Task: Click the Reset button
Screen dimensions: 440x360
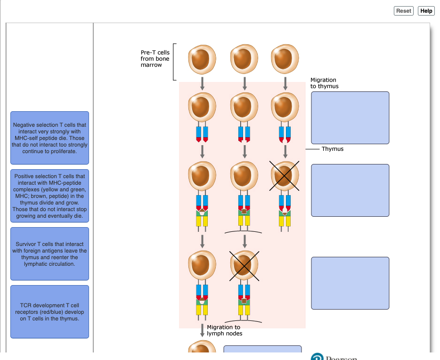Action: [404, 11]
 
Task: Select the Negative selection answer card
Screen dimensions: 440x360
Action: [49, 138]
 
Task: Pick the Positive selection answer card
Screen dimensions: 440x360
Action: [49, 196]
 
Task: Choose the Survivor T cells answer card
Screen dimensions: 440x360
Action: [49, 254]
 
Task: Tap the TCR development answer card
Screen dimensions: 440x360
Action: [49, 312]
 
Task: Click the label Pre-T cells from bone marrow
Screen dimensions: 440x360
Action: [155, 58]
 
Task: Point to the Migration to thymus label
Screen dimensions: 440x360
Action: [325, 83]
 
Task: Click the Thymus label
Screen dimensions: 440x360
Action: [333, 149]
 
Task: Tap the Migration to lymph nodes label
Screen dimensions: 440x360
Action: [225, 330]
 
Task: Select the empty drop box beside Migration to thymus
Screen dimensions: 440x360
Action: [350, 118]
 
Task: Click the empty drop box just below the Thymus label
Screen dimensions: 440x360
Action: [350, 190]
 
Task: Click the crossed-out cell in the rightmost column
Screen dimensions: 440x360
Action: [285, 176]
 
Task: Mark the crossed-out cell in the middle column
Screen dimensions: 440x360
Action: [244, 266]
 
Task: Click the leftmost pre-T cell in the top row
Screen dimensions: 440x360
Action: [202, 59]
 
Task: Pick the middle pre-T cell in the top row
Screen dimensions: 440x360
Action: [244, 58]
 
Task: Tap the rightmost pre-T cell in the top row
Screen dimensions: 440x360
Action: [285, 58]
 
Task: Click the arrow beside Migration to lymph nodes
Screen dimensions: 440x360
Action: [202, 330]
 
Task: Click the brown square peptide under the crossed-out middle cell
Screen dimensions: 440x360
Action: [244, 301]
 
